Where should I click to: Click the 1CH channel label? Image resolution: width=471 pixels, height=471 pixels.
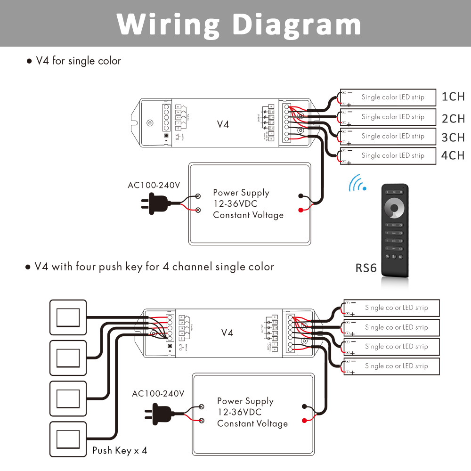point(453,97)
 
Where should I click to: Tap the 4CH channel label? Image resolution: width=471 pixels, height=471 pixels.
point(453,155)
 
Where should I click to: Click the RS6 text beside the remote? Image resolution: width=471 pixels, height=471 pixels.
point(366,268)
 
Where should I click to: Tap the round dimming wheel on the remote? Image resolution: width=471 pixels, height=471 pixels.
point(394,208)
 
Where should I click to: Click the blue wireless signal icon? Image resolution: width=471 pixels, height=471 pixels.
point(358,183)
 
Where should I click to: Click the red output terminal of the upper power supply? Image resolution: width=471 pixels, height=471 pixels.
point(300,210)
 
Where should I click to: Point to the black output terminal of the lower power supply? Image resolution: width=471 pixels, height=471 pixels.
point(304,407)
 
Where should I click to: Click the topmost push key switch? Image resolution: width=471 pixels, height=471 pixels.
point(68,317)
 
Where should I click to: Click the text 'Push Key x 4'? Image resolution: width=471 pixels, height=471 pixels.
point(120,451)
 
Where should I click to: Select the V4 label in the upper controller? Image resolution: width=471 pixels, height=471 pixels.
point(223,124)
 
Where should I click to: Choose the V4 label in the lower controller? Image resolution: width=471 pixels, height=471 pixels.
point(227,333)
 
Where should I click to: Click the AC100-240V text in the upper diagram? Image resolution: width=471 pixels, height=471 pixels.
point(154,185)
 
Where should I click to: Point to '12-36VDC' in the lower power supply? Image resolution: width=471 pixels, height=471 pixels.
point(239,412)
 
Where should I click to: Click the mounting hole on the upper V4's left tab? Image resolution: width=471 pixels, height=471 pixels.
point(150,123)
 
